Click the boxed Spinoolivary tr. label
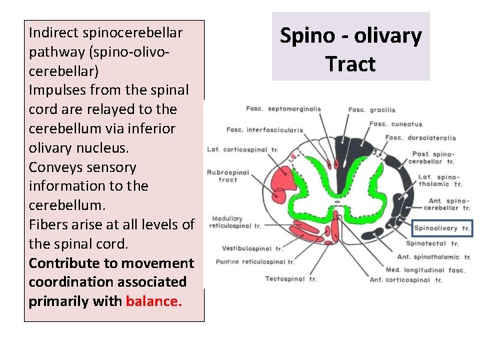pyautogui.click(x=442, y=229)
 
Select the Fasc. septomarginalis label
pyautogui.click(x=283, y=109)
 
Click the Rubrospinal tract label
pyautogui.click(x=228, y=175)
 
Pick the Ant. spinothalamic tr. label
pyautogui.click(x=437, y=257)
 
